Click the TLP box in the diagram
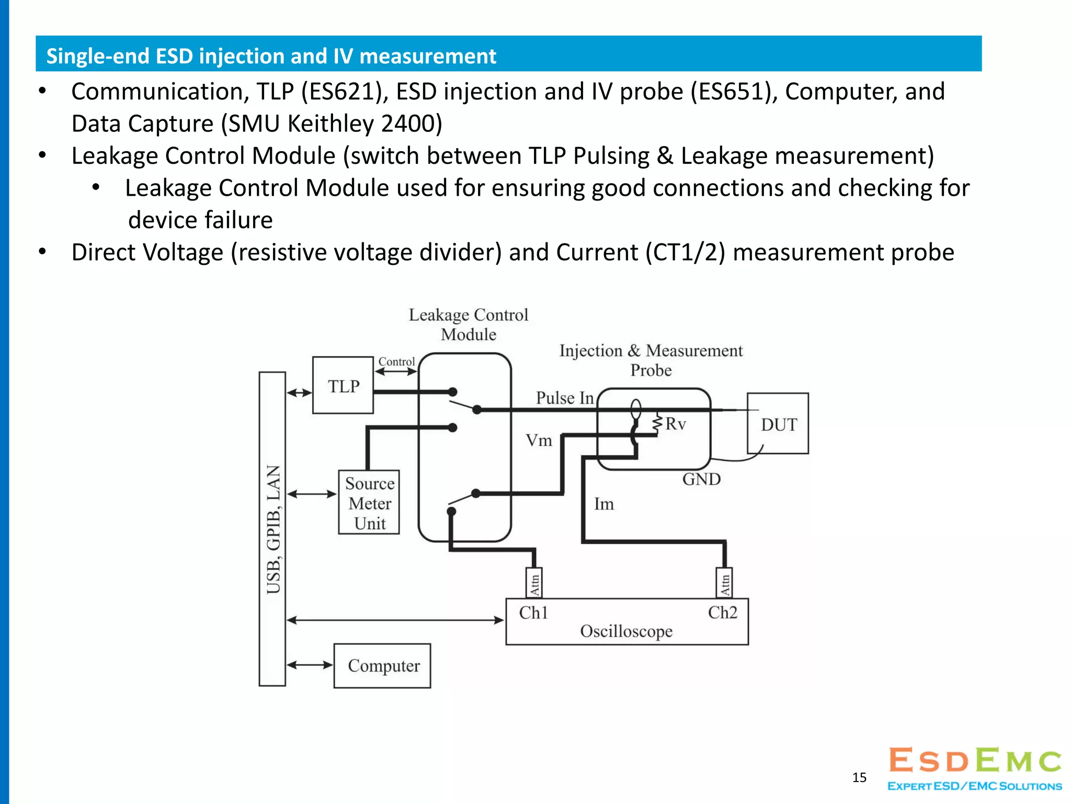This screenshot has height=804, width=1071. click(x=343, y=386)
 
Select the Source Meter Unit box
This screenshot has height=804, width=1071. click(x=369, y=502)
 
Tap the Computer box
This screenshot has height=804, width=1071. click(x=383, y=666)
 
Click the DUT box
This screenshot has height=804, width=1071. click(x=778, y=424)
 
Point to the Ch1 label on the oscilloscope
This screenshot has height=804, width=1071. click(x=533, y=612)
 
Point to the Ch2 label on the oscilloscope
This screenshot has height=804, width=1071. click(x=722, y=612)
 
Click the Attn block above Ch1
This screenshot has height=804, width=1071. click(x=534, y=583)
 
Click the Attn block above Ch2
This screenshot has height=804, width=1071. click(x=724, y=583)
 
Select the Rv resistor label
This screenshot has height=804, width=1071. click(x=675, y=423)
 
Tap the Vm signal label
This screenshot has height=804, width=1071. click(x=539, y=441)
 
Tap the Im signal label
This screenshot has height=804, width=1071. click(x=603, y=504)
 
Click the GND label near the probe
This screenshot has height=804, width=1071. click(x=701, y=479)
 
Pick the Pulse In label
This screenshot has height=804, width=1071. click(x=565, y=398)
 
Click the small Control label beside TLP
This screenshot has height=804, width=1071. click(x=396, y=362)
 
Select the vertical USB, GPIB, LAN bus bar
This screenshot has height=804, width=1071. click(x=272, y=529)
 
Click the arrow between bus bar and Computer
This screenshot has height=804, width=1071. click(x=310, y=665)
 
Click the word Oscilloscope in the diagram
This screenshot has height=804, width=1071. click(x=626, y=631)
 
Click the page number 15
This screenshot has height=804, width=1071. click(x=859, y=777)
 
